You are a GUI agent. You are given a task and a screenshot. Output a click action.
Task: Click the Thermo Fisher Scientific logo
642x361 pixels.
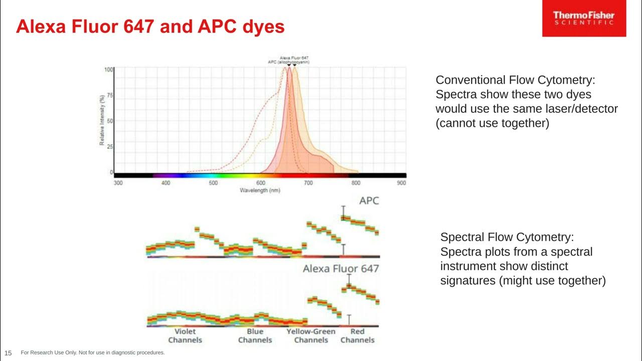[584, 19]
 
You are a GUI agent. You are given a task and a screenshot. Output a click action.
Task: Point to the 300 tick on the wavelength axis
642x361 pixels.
[118, 183]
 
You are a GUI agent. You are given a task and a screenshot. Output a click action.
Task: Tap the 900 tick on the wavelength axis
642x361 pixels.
[401, 183]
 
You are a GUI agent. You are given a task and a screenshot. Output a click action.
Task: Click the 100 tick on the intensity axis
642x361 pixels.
[108, 70]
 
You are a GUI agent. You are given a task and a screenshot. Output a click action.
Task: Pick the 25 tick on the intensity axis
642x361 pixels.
[109, 147]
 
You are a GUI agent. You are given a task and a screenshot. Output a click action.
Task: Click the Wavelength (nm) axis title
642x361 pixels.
[260, 191]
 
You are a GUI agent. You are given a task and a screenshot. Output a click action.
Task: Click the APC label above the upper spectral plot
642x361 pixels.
[369, 201]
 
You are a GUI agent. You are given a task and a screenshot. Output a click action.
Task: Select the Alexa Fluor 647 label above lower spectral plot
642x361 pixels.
[341, 269]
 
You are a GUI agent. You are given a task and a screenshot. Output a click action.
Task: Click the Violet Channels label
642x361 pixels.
[185, 336]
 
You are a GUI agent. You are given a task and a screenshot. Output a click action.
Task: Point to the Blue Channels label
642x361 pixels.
[255, 336]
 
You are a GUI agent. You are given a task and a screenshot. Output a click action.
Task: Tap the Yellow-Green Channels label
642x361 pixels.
[311, 336]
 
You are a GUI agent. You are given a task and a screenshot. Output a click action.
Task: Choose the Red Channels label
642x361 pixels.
[358, 336]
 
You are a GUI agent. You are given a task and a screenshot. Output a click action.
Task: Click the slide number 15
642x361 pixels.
[8, 353]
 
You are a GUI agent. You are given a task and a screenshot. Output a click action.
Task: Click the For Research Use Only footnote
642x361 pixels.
[93, 353]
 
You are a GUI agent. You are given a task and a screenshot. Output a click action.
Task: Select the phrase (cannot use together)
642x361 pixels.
[492, 123]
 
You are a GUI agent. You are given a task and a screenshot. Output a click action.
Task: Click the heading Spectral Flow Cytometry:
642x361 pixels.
[507, 237]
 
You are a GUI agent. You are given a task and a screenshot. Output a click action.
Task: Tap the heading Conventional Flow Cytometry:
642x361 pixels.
[515, 80]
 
